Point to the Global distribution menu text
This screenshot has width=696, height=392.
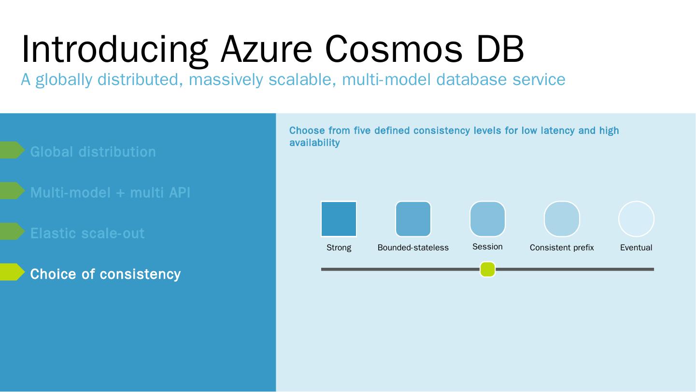(93, 152)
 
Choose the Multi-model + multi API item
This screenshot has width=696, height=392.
(110, 192)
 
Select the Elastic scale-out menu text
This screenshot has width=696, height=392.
(87, 233)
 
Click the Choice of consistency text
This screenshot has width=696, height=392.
(105, 274)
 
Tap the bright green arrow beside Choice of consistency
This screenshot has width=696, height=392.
(12, 272)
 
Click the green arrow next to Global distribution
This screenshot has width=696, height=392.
(12, 150)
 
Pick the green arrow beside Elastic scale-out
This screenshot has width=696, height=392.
(12, 232)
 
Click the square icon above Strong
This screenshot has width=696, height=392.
(339, 219)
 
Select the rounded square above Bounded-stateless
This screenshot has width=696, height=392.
(413, 219)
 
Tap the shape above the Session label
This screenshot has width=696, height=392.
(487, 219)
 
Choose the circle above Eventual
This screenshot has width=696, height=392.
(636, 219)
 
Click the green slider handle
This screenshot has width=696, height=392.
(487, 269)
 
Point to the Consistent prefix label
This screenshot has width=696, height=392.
(562, 247)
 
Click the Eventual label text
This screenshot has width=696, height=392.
(636, 247)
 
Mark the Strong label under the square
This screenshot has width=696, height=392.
(339, 247)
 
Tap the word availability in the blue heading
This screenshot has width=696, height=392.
(314, 143)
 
